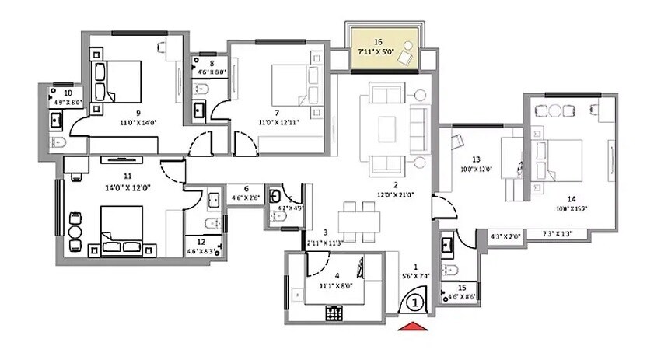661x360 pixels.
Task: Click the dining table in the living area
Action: (359, 220)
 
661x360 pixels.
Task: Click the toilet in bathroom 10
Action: (57, 142)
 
